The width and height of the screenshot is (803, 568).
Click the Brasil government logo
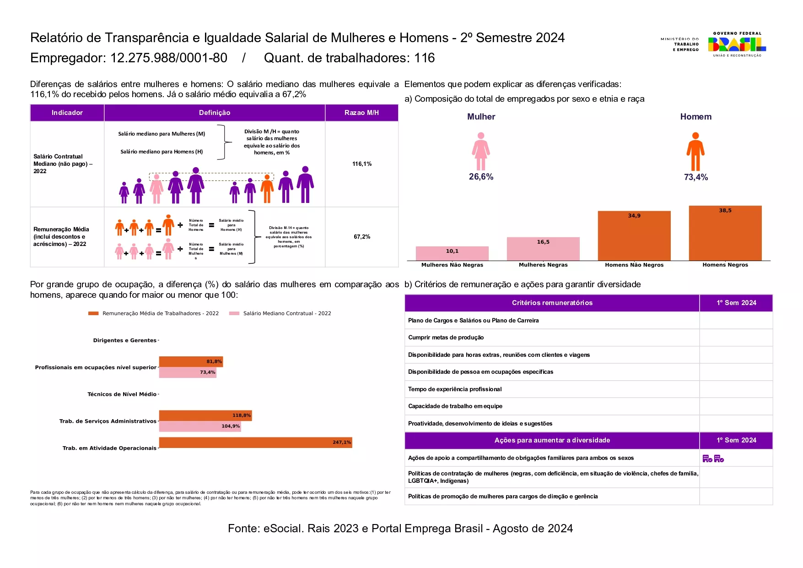tap(737, 44)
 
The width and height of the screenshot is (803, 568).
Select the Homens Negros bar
tap(725, 233)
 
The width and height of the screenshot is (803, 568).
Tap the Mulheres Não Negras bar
tap(452, 253)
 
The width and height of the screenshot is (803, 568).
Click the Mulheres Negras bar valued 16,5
tap(543, 249)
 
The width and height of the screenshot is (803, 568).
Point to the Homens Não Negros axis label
tap(634, 265)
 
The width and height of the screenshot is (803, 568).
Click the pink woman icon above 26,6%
tap(480, 151)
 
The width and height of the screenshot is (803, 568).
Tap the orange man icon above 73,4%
tap(695, 151)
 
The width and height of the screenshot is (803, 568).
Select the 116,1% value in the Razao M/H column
tap(361, 164)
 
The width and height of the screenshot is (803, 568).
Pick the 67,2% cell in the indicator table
tap(361, 237)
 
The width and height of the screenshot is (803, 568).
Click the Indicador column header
tap(67, 113)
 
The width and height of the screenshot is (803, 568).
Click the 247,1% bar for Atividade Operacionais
tap(255, 442)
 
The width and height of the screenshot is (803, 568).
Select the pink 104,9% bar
tap(200, 426)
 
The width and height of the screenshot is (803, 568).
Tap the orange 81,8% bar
tap(191, 361)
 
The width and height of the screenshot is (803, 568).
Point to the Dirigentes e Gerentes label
tap(124, 340)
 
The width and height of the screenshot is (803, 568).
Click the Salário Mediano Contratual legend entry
tap(286, 313)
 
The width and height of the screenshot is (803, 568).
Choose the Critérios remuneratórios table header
tap(552, 303)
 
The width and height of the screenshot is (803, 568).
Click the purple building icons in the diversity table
tap(713, 458)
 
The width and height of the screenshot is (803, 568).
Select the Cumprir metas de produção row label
tap(446, 338)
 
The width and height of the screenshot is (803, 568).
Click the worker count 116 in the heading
tap(424, 58)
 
